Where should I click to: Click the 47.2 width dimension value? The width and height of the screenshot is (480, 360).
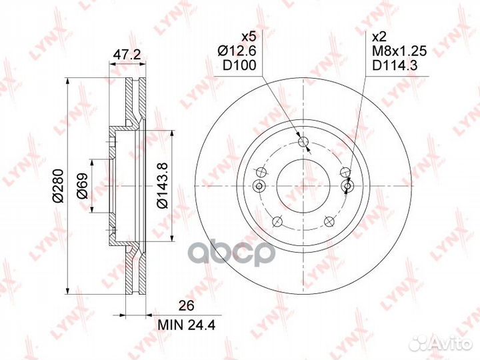[127, 55]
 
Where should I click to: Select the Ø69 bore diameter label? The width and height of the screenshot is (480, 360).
[82, 186]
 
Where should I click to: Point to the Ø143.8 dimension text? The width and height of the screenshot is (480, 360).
[162, 185]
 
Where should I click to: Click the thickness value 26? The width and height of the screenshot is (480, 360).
[187, 306]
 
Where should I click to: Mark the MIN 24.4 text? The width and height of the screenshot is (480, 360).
[187, 325]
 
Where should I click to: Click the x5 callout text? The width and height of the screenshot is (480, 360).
[248, 37]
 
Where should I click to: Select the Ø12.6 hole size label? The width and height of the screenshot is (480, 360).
[237, 51]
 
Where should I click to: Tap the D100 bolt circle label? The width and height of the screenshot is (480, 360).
[239, 65]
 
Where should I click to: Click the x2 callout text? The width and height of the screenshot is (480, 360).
[379, 37]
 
